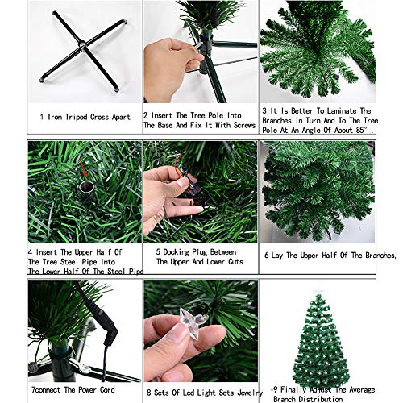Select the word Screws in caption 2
click(x=235, y=127)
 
